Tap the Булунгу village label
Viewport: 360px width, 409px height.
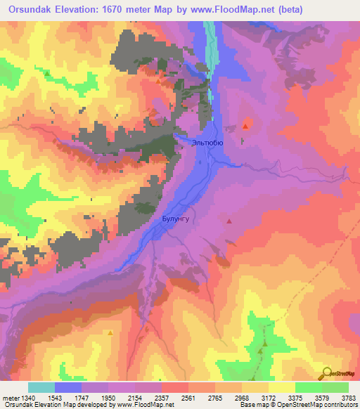tap(172, 219)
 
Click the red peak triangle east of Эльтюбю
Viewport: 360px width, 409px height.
tap(245, 126)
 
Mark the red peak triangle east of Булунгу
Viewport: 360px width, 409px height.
tap(229, 221)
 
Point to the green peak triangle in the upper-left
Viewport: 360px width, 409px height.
tap(47, 73)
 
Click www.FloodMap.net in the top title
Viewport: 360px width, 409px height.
tap(261, 8)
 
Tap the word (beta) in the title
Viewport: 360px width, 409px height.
tap(332, 8)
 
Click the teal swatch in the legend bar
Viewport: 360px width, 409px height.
tap(41, 387)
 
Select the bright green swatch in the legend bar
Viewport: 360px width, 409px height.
tap(308, 387)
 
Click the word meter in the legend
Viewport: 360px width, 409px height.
tap(10, 398)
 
